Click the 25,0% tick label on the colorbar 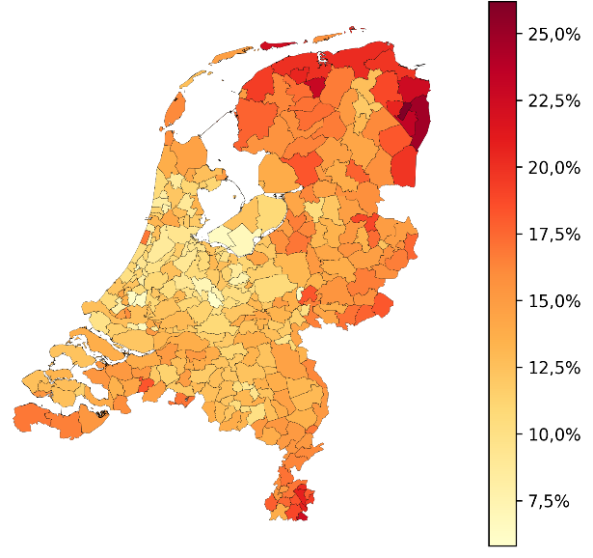click(x=553, y=35)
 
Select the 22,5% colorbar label click(x=553, y=101)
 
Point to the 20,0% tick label click(x=553, y=168)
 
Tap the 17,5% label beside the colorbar click(x=553, y=235)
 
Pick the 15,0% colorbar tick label click(x=553, y=301)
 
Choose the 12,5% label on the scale click(x=553, y=368)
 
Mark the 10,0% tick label click(x=553, y=434)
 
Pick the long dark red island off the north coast click(x=282, y=44)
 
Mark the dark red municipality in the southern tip click(x=303, y=496)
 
